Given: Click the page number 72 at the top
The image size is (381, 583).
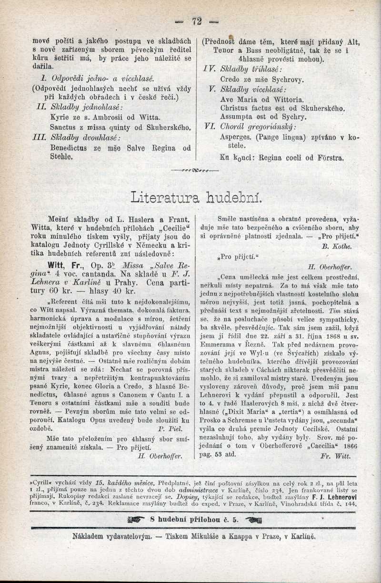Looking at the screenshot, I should point(197,21).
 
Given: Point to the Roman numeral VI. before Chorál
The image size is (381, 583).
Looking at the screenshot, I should point(211,126).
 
